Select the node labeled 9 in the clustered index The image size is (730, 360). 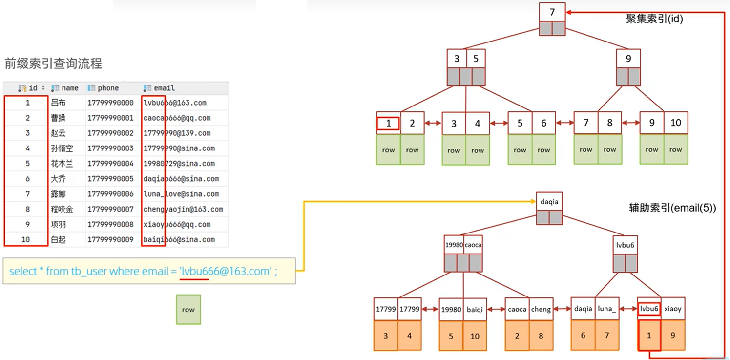(x=628, y=59)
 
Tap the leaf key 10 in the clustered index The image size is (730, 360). (x=676, y=123)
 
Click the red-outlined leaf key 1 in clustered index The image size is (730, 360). (x=388, y=123)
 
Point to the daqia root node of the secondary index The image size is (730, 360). (x=549, y=202)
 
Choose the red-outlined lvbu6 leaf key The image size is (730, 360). (x=649, y=309)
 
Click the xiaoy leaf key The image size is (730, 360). (x=673, y=309)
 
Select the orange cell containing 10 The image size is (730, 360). (x=475, y=336)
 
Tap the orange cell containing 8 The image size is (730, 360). (x=541, y=336)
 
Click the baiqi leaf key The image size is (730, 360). (x=475, y=309)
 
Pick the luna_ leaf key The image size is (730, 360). (x=607, y=309)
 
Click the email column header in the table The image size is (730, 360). (x=164, y=88)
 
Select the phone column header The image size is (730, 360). (x=108, y=88)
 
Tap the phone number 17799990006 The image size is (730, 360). (x=110, y=194)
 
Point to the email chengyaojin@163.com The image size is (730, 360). (x=183, y=209)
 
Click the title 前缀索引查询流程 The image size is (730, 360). (x=53, y=64)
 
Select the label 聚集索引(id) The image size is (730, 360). (x=654, y=20)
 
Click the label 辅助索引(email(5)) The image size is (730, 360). (x=672, y=208)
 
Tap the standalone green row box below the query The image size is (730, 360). (x=188, y=310)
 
